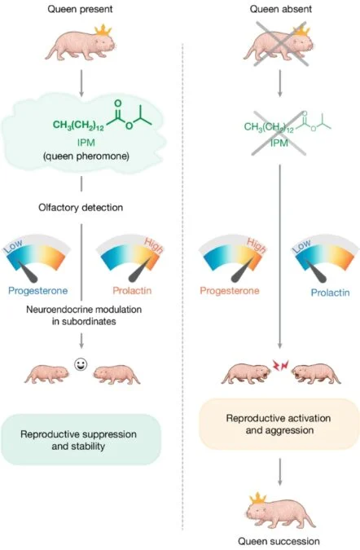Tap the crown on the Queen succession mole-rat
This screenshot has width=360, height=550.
pyautogui.click(x=257, y=498)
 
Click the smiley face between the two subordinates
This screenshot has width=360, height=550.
pyautogui.click(x=81, y=365)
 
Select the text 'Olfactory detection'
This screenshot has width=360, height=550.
pyautogui.click(x=81, y=207)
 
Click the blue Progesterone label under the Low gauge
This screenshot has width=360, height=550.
pyautogui.click(x=37, y=291)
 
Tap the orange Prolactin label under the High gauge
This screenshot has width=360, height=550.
pyautogui.click(x=132, y=291)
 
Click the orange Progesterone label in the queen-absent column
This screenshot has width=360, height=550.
pyautogui.click(x=230, y=291)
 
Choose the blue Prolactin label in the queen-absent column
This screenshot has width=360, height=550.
pyautogui.click(x=330, y=293)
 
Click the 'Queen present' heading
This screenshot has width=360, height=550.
pyautogui.click(x=81, y=9)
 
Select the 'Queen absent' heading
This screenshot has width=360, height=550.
pyautogui.click(x=280, y=9)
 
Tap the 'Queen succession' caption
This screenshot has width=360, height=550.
pyautogui.click(x=279, y=541)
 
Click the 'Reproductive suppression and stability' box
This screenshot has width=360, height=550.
pyautogui.click(x=81, y=440)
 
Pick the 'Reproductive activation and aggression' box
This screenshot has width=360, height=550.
pyautogui.click(x=279, y=424)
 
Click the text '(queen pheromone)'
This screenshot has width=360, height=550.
pyautogui.click(x=86, y=156)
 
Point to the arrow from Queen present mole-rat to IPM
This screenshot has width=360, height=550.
pyautogui.click(x=81, y=83)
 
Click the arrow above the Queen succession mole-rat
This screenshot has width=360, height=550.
pyautogui.click(x=279, y=472)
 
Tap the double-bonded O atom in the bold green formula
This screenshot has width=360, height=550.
pyautogui.click(x=118, y=103)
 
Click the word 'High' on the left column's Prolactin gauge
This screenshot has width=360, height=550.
pyautogui.click(x=154, y=245)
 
